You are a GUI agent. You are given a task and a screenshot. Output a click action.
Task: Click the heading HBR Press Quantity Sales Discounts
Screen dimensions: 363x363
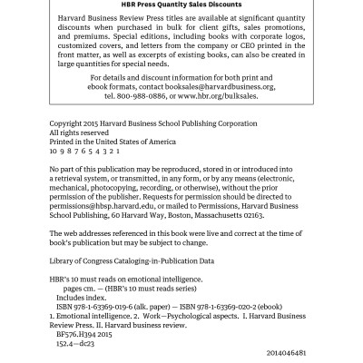pyautogui.click(x=181, y=5)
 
